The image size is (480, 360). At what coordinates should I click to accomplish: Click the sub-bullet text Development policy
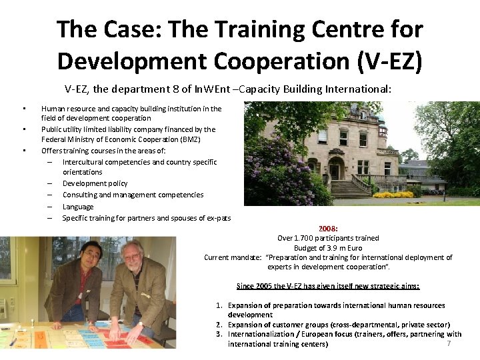(95, 183)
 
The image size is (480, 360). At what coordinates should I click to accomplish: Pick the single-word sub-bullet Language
(78, 207)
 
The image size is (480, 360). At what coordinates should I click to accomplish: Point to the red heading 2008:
(328, 228)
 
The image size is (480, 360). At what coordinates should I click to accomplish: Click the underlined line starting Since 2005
(328, 286)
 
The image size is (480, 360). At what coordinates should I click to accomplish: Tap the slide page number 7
(449, 343)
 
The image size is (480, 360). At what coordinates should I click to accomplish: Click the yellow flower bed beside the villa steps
(393, 195)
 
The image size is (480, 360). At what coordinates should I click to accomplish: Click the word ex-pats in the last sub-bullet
(219, 218)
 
